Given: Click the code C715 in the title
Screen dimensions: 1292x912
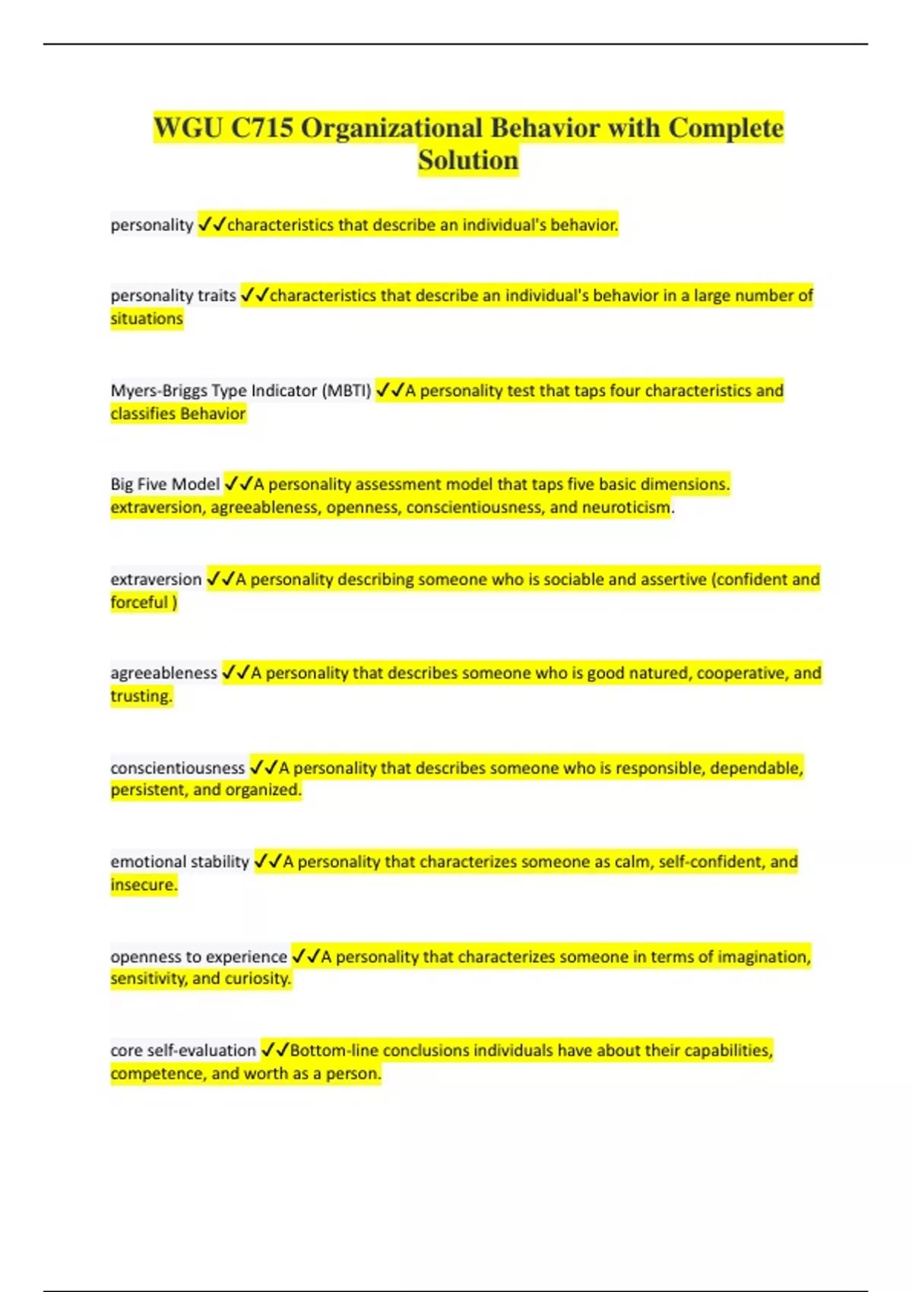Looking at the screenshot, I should (x=261, y=128).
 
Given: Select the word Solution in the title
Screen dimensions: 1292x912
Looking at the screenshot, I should (x=468, y=161).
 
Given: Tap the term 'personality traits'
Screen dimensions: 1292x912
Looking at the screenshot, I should (x=173, y=296).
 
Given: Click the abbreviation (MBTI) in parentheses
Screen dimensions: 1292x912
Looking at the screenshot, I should (x=347, y=391).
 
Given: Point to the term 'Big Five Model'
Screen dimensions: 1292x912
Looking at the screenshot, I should (x=165, y=484).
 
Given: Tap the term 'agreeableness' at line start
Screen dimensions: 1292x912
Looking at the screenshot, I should (x=163, y=673).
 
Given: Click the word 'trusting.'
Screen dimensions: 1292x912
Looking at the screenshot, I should (x=141, y=696).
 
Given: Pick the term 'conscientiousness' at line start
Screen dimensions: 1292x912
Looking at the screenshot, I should (x=178, y=768).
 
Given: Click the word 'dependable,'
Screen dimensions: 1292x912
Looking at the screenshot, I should (x=756, y=768).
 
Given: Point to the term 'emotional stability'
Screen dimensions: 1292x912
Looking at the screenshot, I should (x=179, y=862).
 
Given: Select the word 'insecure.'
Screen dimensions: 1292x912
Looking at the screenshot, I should (x=144, y=885).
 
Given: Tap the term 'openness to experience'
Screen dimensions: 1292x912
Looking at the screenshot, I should (x=198, y=957).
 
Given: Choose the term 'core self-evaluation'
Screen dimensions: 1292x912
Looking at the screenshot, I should (x=183, y=1050).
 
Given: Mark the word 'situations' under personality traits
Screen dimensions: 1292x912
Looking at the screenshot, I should (x=147, y=318).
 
